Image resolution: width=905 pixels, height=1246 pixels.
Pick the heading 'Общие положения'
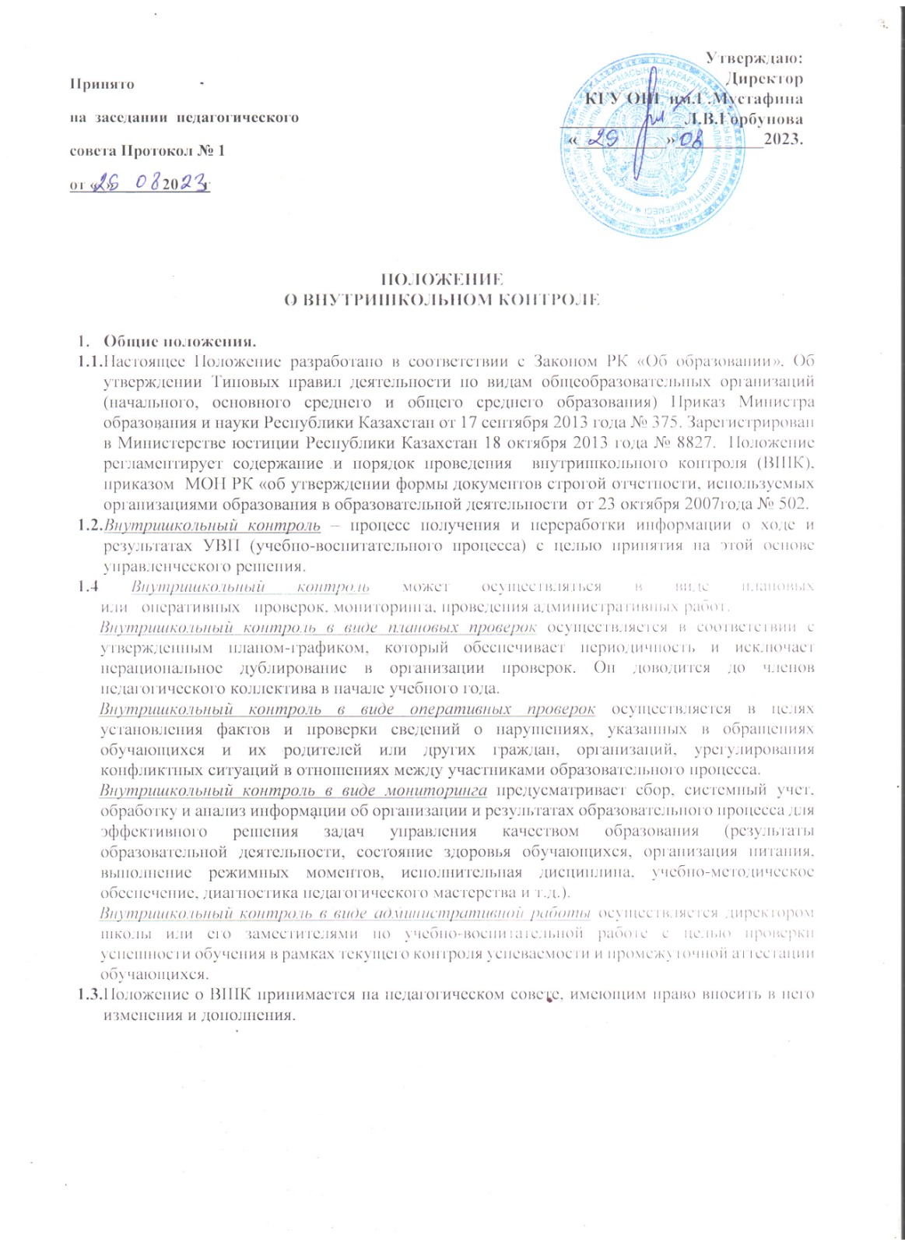180,341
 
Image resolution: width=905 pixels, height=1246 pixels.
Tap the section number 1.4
87,586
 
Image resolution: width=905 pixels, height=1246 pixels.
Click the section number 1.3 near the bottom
89,994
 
